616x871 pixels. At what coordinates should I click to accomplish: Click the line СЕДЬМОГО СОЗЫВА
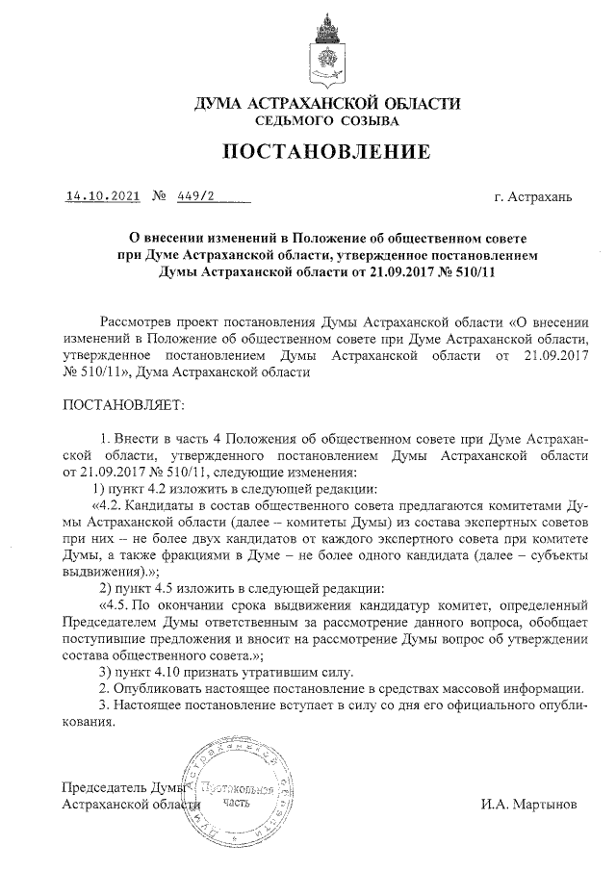click(x=326, y=121)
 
